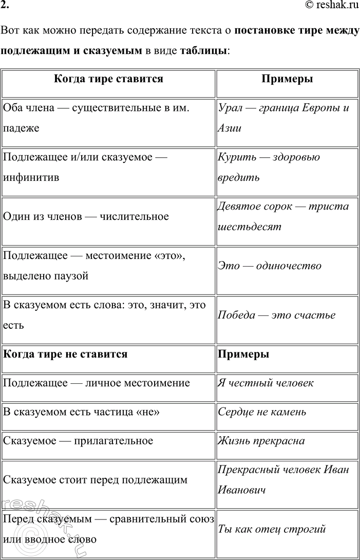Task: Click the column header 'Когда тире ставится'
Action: click(x=108, y=79)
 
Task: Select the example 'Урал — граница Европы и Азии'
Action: click(x=283, y=118)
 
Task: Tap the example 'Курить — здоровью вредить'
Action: click(x=269, y=167)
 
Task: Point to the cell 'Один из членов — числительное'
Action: click(x=86, y=216)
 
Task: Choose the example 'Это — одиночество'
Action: click(x=270, y=266)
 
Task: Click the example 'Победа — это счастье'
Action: click(x=277, y=315)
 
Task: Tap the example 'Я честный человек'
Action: click(x=266, y=383)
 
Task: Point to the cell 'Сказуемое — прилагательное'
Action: click(x=78, y=440)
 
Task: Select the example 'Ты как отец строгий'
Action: click(x=272, y=529)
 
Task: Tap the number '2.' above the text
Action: click(x=5, y=5)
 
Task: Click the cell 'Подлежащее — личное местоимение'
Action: click(x=96, y=383)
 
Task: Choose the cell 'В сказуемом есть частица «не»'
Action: click(x=85, y=412)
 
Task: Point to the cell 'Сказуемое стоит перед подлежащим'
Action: click(x=95, y=480)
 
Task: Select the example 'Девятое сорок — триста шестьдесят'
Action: click(x=283, y=216)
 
